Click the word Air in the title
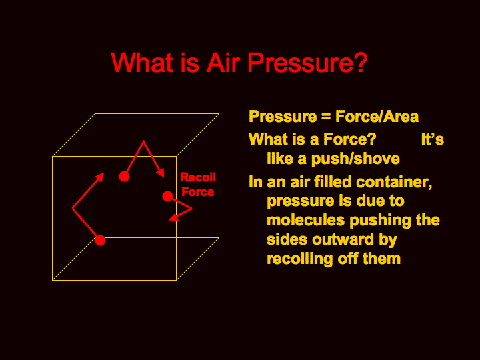point(223,63)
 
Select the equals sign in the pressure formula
point(326,117)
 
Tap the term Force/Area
point(377,117)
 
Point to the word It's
point(432,139)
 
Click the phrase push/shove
point(355,159)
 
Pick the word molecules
point(305,220)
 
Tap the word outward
point(343,239)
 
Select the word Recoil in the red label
point(198,177)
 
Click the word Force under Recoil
point(198,192)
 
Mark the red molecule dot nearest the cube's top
point(124,177)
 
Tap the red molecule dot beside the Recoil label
point(168,196)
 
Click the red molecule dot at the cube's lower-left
point(100,240)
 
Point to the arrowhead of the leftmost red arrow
point(100,177)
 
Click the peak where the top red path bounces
point(143,141)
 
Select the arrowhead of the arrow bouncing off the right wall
point(174,217)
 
